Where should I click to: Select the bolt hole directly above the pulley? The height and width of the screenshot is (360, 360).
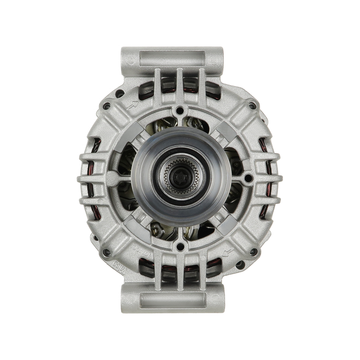(180, 110)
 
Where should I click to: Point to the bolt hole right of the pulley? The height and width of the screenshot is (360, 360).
(247, 179)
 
